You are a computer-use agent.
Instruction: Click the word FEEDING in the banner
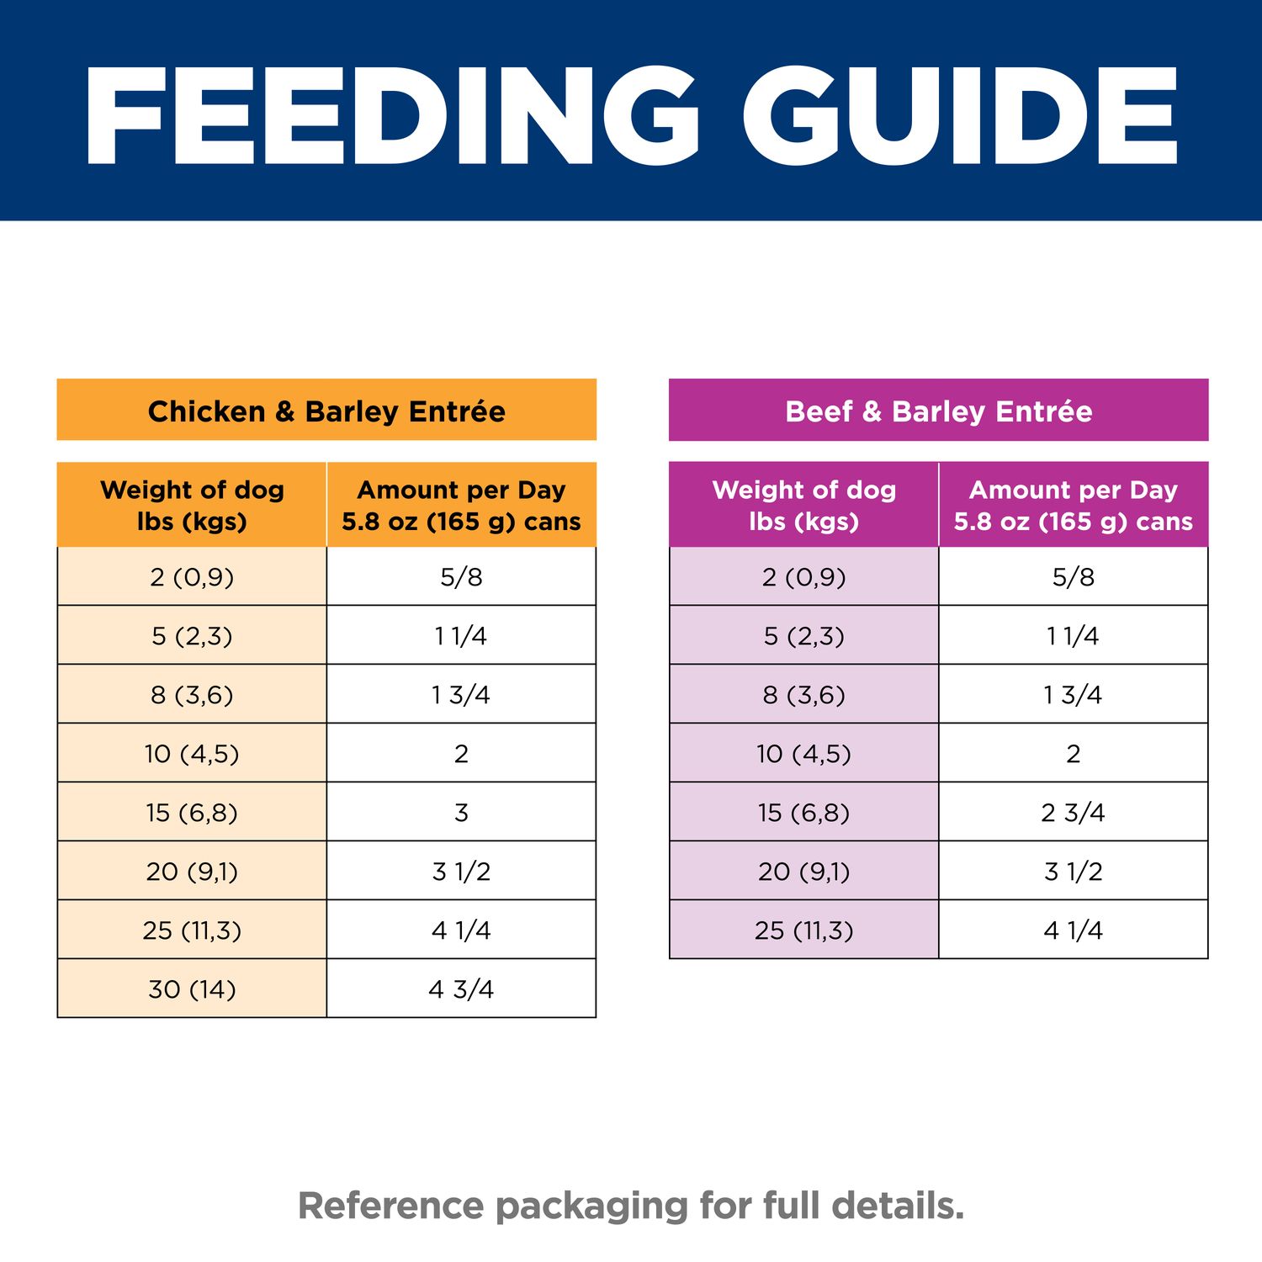coord(390,116)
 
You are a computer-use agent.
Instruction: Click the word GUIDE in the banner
coord(959,116)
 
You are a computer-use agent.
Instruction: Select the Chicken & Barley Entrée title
coord(326,411)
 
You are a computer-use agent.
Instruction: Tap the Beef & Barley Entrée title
coord(938,411)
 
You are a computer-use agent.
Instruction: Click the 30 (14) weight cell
coord(192,989)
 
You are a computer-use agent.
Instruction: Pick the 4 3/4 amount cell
coord(461,989)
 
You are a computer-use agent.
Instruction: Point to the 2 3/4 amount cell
coord(1073,812)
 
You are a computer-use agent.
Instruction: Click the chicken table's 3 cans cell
coord(461,812)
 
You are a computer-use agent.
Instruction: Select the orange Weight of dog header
coord(192,505)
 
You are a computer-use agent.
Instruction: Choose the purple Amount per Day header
coord(1073,505)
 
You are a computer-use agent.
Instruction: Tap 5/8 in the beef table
coord(1073,577)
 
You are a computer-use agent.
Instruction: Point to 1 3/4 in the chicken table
coord(461,695)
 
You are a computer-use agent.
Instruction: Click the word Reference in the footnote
coord(391,1206)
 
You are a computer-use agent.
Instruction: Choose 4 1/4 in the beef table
coord(1073,930)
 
